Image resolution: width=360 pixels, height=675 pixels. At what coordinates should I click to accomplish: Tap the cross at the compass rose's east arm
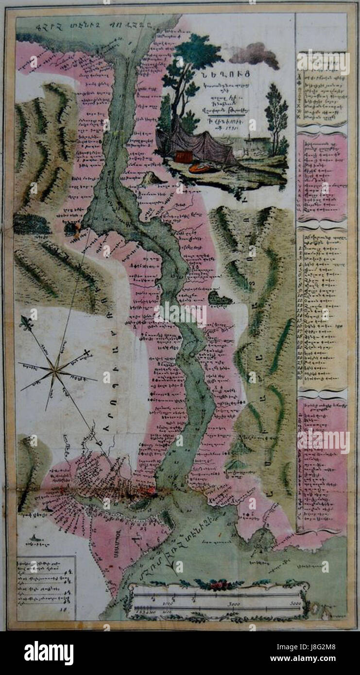87,352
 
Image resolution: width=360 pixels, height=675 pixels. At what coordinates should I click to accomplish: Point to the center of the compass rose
57,372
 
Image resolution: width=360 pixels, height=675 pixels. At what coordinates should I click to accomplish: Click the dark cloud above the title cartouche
255,54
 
